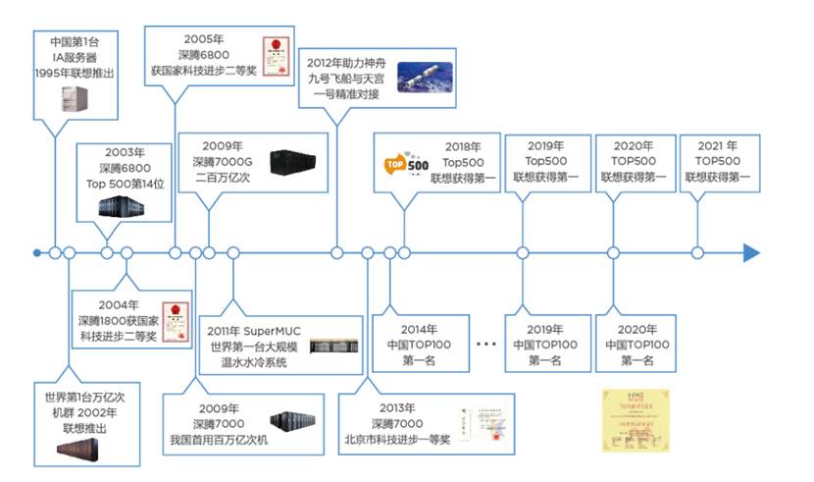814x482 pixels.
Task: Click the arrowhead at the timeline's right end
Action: click(751, 252)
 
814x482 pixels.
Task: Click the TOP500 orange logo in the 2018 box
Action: click(404, 165)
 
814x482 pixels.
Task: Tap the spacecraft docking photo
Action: click(424, 77)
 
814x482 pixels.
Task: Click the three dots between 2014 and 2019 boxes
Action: click(486, 345)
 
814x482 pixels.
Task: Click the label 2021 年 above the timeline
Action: click(717, 144)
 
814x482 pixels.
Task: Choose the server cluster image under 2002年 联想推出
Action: click(83, 451)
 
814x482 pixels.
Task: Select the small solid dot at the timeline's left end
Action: click(37, 252)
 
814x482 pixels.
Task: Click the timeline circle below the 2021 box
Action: click(697, 252)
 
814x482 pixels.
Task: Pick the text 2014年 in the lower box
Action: click(419, 329)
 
